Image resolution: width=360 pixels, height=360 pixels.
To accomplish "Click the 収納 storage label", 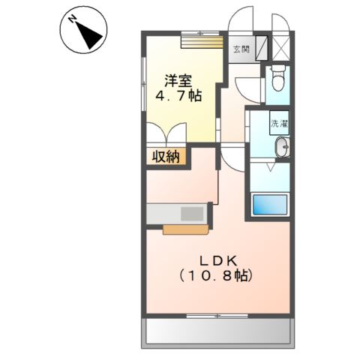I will coord(167,156).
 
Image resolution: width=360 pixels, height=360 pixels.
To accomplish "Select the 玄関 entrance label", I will coord(240,49).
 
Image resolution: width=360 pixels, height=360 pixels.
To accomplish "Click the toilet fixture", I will coord(277,76).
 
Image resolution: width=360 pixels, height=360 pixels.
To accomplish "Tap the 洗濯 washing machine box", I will coord(280,122).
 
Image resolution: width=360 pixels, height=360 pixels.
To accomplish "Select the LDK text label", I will coord(217,260).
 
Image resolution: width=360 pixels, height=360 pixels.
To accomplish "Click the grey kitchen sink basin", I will coord(193,213).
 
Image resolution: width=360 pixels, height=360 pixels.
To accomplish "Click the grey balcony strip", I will coord(217,329).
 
